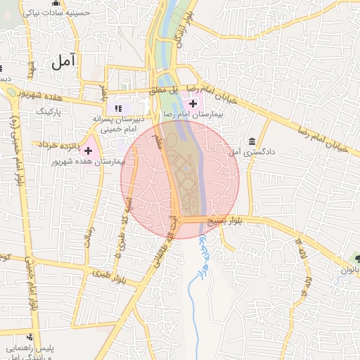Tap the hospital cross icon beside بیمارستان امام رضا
(193, 103)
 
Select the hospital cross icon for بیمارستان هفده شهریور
(88, 150)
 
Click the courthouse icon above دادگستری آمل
(252, 140)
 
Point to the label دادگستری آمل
(252, 152)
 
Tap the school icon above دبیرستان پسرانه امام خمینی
(118, 108)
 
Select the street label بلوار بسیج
(226, 221)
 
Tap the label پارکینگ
(50, 111)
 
